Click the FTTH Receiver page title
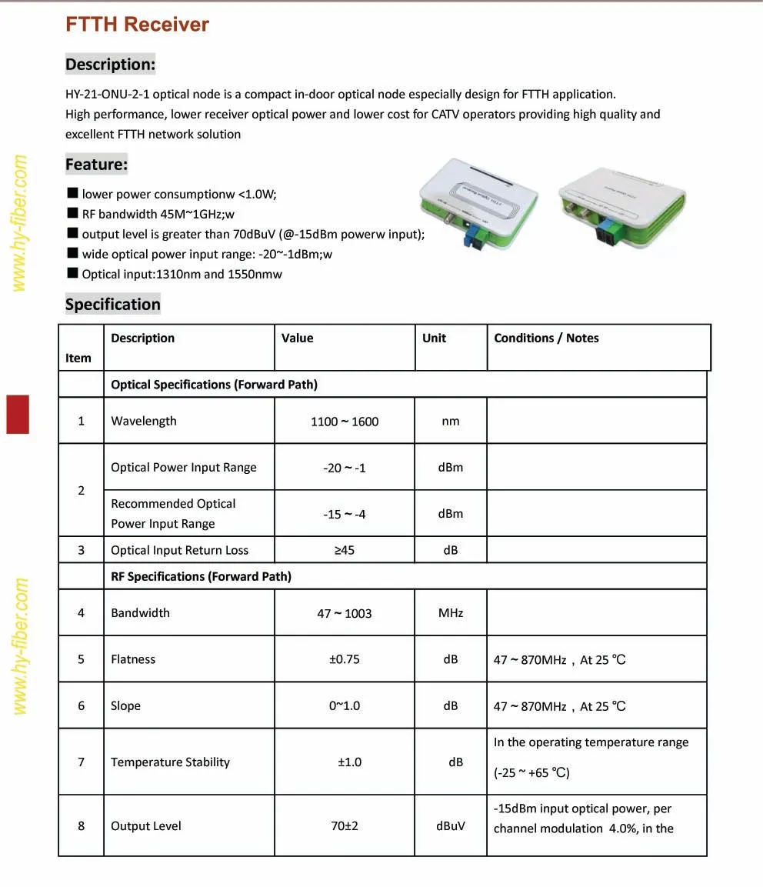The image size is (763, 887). coord(137,25)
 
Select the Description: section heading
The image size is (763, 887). coord(110,65)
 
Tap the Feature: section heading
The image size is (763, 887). coord(96,164)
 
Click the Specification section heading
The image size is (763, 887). coord(112,304)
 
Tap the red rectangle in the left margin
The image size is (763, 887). coord(18,414)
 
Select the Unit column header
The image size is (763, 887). coord(434,338)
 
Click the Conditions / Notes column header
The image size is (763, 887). coord(546,338)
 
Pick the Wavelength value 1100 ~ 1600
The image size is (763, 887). coord(345,422)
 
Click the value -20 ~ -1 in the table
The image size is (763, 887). coord(345,468)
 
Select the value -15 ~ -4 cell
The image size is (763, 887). coord(345,514)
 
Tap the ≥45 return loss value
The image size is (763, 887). coord(345,550)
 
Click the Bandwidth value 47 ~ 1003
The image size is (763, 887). coord(345,613)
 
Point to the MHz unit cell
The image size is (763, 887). coord(451,613)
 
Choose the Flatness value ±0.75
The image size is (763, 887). coord(345,659)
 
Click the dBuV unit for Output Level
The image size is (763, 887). coord(451,826)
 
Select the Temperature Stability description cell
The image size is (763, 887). coord(171,762)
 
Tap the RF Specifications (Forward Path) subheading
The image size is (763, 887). coord(201,576)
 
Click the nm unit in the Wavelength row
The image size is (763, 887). coord(451,422)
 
